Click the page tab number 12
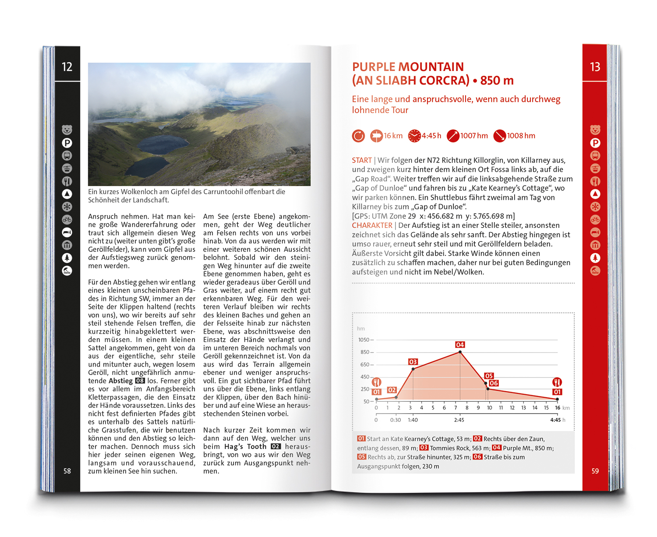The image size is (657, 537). pyautogui.click(x=67, y=67)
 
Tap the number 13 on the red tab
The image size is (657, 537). pyautogui.click(x=595, y=67)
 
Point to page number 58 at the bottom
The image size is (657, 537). pyautogui.click(x=67, y=471)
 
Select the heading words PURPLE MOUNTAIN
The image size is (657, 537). pyautogui.click(x=408, y=67)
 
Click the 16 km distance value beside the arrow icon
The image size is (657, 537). pyautogui.click(x=393, y=136)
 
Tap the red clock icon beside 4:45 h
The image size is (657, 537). pyautogui.click(x=414, y=136)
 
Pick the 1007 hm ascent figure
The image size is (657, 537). pyautogui.click(x=474, y=136)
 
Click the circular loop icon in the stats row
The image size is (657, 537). pyautogui.click(x=358, y=136)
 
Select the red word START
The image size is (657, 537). pyautogui.click(x=362, y=160)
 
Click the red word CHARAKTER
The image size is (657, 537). pyautogui.click(x=372, y=225)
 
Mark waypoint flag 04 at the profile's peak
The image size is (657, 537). pyautogui.click(x=460, y=345)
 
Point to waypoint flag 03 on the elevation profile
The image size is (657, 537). pyautogui.click(x=413, y=362)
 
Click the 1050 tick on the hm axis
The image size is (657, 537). pyautogui.click(x=364, y=340)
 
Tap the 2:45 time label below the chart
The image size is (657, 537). pyautogui.click(x=459, y=420)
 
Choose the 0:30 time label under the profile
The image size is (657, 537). pyautogui.click(x=396, y=420)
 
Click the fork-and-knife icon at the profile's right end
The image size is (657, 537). pyautogui.click(x=557, y=382)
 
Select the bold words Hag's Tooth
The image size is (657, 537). pyautogui.click(x=245, y=446)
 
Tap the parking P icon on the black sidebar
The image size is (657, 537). pyautogui.click(x=67, y=143)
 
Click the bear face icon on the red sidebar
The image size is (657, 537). pyautogui.click(x=595, y=130)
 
